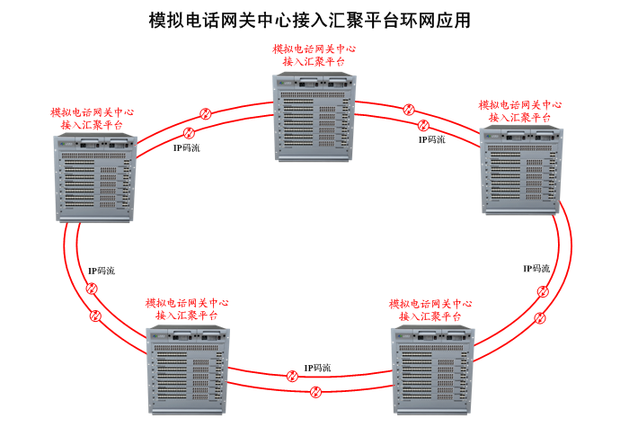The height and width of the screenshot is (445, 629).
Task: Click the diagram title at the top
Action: pos(309,19)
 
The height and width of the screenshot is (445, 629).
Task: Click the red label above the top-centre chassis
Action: pos(314,55)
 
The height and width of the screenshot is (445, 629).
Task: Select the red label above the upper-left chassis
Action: pos(93,119)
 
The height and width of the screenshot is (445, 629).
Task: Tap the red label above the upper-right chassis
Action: pos(520,111)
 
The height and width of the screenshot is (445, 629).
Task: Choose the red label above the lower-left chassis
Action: pos(187,310)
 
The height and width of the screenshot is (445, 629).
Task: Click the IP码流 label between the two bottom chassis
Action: pos(316,368)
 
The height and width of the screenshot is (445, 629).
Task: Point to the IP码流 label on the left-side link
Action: pos(102,271)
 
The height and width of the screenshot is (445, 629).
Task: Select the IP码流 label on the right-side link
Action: pos(536,268)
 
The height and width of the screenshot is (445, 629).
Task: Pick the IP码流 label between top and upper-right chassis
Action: pos(431,139)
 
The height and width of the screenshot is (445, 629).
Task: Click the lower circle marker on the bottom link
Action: pos(315,392)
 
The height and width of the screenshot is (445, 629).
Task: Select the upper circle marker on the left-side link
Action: pos(91,289)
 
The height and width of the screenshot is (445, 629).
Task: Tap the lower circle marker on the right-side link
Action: pos(540,318)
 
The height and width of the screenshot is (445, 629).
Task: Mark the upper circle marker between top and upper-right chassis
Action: pos(409,110)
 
